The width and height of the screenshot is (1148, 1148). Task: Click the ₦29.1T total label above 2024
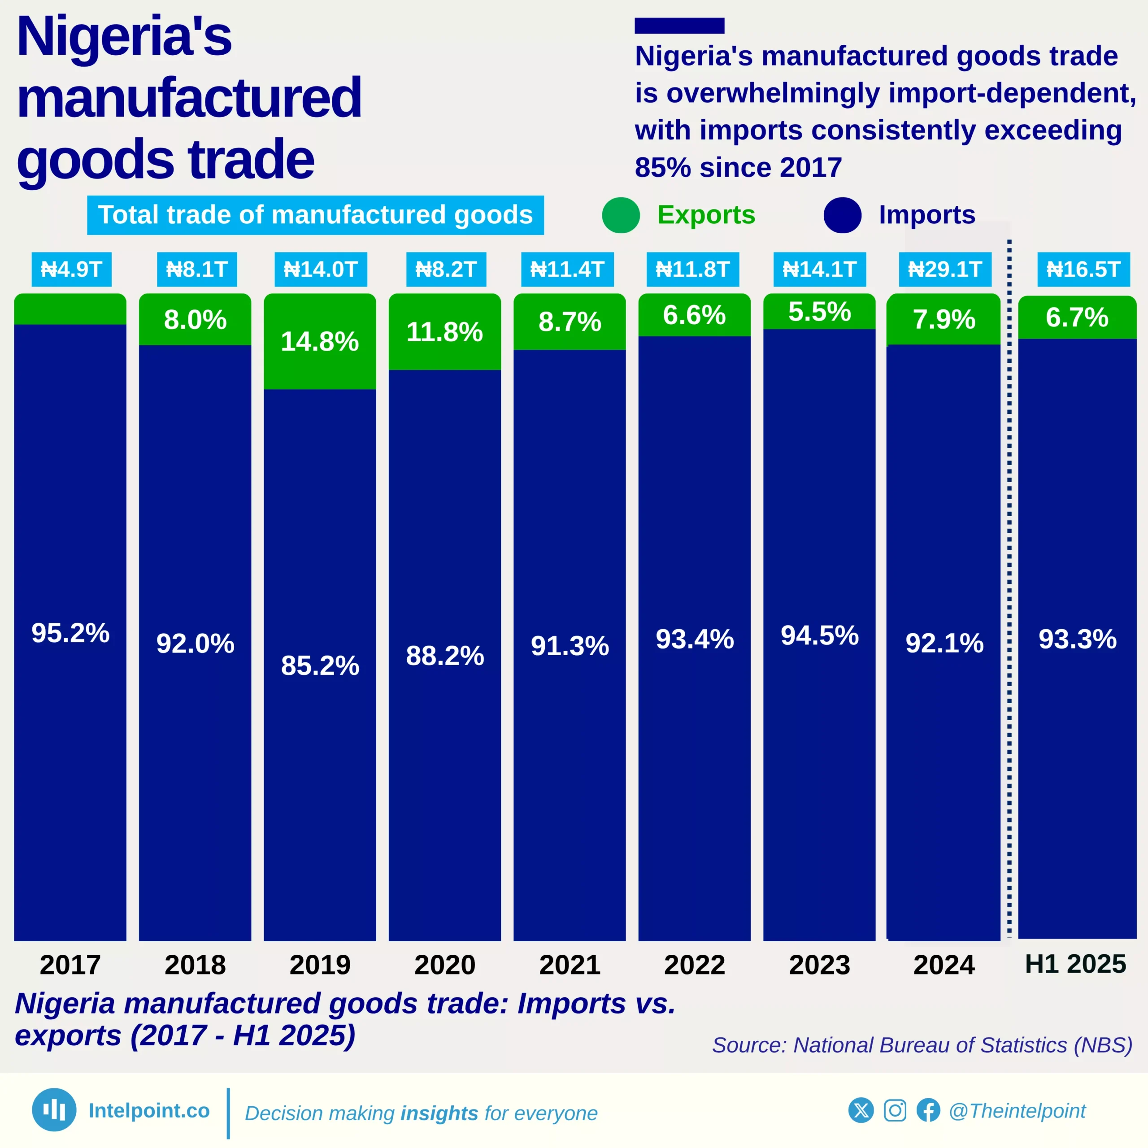pyautogui.click(x=945, y=269)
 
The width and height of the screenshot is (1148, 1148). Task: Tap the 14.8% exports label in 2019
pyautogui.click(x=320, y=341)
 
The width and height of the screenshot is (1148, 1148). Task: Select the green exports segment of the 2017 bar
pyautogui.click(x=70, y=309)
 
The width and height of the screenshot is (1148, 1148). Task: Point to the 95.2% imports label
pyautogui.click(x=70, y=633)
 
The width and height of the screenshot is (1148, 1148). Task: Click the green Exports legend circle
pyautogui.click(x=620, y=215)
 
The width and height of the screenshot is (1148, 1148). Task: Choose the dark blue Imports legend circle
pyautogui.click(x=842, y=215)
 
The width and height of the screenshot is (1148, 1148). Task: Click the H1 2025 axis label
pyautogui.click(x=1075, y=964)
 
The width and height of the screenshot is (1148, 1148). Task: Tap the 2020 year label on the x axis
pyautogui.click(x=444, y=965)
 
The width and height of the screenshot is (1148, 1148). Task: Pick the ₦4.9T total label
pyautogui.click(x=71, y=269)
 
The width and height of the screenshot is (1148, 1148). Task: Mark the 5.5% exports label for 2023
pyautogui.click(x=819, y=311)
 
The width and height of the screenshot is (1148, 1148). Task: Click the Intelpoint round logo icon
pyautogui.click(x=54, y=1109)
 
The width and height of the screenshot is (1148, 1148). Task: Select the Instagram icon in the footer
pyautogui.click(x=895, y=1110)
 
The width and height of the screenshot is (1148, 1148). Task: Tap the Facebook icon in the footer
pyautogui.click(x=928, y=1110)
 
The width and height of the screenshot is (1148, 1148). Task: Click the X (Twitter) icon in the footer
pyautogui.click(x=861, y=1110)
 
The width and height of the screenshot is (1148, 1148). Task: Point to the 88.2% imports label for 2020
pyautogui.click(x=444, y=656)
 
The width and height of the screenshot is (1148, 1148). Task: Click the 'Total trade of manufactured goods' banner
pyautogui.click(x=315, y=215)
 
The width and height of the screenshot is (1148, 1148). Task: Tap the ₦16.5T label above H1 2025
pyautogui.click(x=1083, y=269)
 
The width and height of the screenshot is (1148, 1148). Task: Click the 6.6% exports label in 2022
pyautogui.click(x=694, y=315)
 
